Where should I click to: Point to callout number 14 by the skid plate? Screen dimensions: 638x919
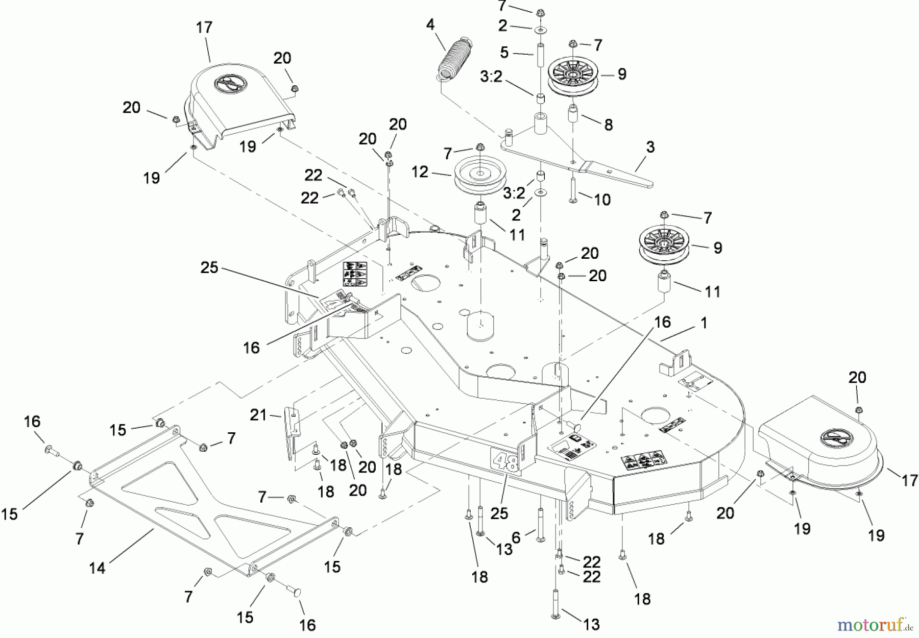tap(97, 568)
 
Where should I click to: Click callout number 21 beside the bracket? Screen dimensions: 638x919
tap(258, 415)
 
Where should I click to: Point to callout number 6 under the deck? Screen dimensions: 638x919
tap(516, 536)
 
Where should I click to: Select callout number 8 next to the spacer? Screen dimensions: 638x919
tap(608, 125)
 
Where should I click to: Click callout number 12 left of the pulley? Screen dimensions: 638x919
tap(420, 172)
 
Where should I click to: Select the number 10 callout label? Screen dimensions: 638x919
tap(602, 200)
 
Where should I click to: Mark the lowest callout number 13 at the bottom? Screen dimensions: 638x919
tap(592, 624)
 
